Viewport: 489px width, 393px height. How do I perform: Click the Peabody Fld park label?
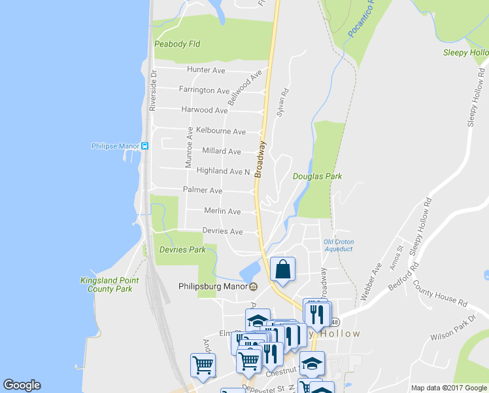(177, 45)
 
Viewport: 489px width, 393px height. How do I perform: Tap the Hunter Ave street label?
(206, 70)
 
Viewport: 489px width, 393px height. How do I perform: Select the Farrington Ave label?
(205, 90)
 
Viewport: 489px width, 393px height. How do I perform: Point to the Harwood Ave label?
(205, 110)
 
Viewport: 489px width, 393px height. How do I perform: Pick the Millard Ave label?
(222, 151)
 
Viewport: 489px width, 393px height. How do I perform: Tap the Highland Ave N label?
(223, 171)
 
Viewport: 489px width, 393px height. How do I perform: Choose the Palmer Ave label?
(203, 191)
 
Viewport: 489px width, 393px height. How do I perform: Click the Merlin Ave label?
(222, 212)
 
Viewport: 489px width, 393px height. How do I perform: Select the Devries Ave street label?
(222, 231)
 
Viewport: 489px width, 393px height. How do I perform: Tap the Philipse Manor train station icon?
(145, 146)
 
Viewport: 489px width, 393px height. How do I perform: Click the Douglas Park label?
(317, 176)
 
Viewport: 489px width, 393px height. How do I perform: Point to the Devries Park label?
(182, 250)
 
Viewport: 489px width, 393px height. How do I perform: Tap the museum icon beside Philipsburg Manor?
(254, 286)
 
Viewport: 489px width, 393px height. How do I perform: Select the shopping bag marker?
(282, 269)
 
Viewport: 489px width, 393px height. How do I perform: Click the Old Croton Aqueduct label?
(339, 246)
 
